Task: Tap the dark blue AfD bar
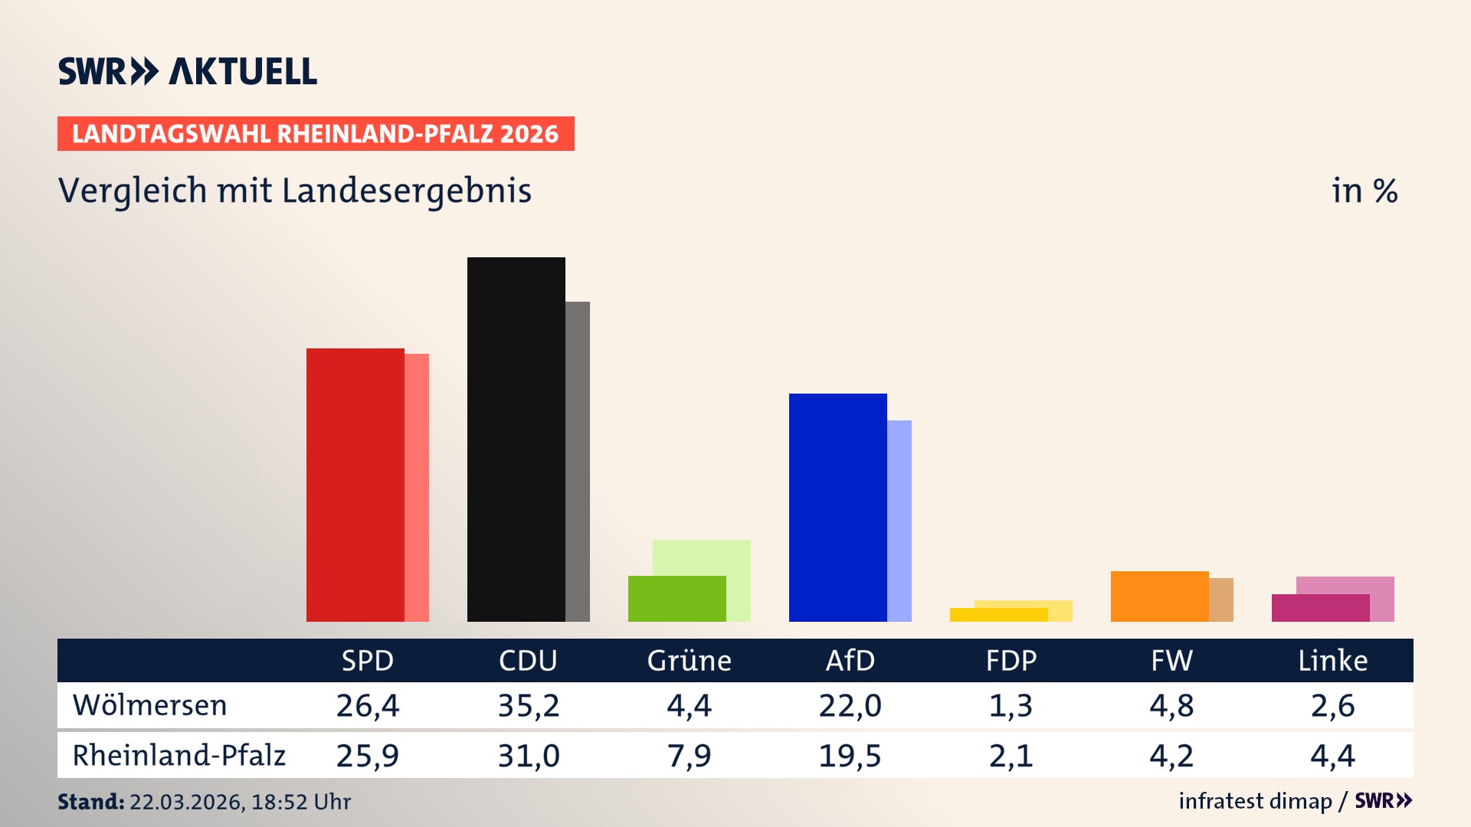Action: tap(837, 507)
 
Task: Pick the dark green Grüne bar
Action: tap(677, 598)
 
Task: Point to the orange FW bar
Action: tap(1159, 596)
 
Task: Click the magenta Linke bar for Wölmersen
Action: tap(1320, 608)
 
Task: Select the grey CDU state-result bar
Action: tap(578, 461)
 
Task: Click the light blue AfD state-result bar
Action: tap(899, 521)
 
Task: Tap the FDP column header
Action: tap(1011, 661)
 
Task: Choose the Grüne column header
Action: tap(689, 661)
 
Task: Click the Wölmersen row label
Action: tap(149, 705)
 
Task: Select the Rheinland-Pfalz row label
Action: tap(179, 756)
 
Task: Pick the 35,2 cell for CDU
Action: tap(529, 705)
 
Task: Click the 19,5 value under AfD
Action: tap(850, 756)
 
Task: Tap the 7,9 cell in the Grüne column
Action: tap(689, 756)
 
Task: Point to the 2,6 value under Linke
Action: tap(1332, 705)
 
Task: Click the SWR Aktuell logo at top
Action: tap(188, 71)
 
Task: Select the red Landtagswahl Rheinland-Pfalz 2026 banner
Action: tap(315, 134)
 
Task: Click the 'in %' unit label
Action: tap(1364, 191)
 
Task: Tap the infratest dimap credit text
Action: tap(1255, 801)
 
